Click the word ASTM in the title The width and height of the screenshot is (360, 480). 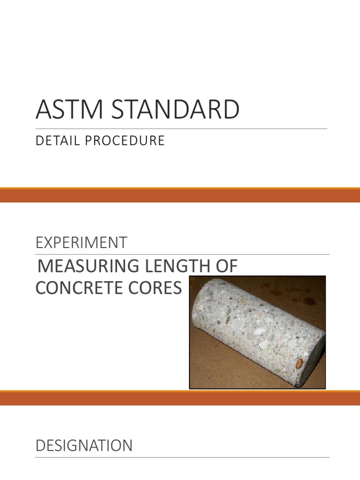point(65,110)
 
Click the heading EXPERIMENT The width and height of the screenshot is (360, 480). point(81,243)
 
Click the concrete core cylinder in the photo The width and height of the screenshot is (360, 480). point(253,328)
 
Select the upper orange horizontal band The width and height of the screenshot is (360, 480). point(180,195)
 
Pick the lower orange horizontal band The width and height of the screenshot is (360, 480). point(180,398)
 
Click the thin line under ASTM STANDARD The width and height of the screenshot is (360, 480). point(181,128)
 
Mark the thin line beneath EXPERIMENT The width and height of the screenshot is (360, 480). point(182,255)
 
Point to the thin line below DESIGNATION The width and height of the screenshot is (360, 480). point(182,457)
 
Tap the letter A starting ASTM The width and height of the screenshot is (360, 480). point(43,110)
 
